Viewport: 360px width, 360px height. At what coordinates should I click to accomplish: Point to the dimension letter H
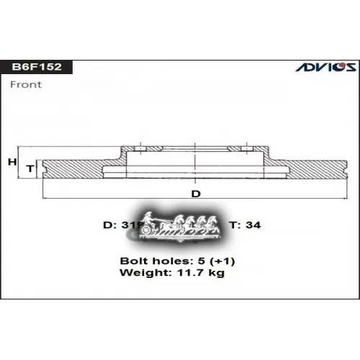[12, 163]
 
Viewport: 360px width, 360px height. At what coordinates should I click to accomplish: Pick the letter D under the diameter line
[194, 193]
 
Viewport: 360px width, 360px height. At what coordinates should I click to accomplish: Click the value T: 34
[245, 225]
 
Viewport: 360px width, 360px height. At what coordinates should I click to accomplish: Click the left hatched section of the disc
[76, 167]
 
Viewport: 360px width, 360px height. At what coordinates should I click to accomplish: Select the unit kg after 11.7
[217, 273]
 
